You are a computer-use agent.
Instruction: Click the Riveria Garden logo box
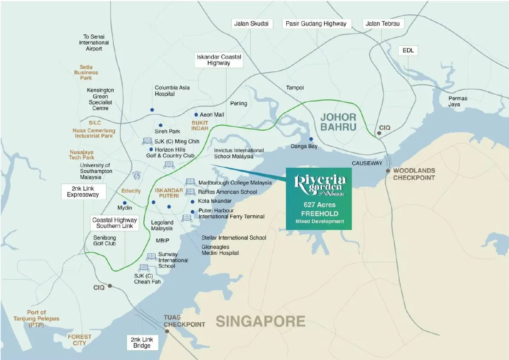pyautogui.click(x=319, y=199)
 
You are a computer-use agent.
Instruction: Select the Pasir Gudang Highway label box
pyautogui.click(x=316, y=24)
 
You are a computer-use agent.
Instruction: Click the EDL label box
pyautogui.click(x=408, y=51)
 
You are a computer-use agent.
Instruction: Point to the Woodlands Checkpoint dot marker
pyautogui.click(x=388, y=171)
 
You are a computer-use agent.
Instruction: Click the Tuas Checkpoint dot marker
pyautogui.click(x=167, y=331)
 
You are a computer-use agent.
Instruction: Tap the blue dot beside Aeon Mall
pyautogui.click(x=196, y=115)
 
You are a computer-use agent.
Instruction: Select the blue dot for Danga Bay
pyautogui.click(x=311, y=139)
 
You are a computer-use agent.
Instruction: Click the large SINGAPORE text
pyautogui.click(x=260, y=321)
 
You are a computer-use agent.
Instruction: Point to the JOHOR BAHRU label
pyautogui.click(x=338, y=121)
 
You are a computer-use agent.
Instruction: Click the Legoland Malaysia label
pyautogui.click(x=162, y=225)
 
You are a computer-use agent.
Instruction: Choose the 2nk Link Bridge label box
pyautogui.click(x=142, y=343)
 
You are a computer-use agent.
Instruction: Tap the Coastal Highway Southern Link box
pyautogui.click(x=115, y=223)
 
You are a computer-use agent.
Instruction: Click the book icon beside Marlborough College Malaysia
pyautogui.click(x=190, y=182)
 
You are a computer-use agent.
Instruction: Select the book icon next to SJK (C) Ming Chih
pyautogui.click(x=147, y=141)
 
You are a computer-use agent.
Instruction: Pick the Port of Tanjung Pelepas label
pyautogui.click(x=36, y=318)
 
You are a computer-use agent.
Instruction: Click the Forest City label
pyautogui.click(x=79, y=340)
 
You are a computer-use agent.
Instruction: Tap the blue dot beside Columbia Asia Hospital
pyautogui.click(x=152, y=110)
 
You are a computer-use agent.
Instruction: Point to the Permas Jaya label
pyautogui.click(x=458, y=101)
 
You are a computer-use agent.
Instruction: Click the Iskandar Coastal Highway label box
pyautogui.click(x=219, y=60)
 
